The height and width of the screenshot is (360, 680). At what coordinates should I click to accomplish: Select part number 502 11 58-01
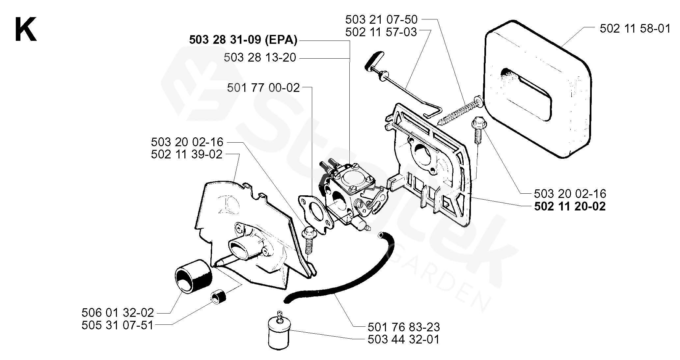coord(635,29)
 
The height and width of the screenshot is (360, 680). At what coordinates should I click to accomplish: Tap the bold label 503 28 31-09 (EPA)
coord(243,40)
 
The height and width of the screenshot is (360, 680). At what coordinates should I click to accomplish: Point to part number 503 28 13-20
coord(260,58)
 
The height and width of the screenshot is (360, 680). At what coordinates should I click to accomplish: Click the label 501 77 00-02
coord(263,88)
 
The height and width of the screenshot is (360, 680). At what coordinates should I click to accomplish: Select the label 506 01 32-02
coord(118,312)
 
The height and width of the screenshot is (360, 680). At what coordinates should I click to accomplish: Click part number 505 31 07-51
coord(118,325)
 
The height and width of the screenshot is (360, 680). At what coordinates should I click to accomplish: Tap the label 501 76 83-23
coord(403,327)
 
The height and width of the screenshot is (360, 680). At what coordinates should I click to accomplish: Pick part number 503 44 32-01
coord(403,339)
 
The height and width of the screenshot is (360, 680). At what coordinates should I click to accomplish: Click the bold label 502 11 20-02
coord(569,207)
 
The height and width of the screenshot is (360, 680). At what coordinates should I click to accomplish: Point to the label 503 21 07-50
coord(381,20)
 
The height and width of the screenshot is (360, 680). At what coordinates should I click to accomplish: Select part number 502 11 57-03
coord(381,32)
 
